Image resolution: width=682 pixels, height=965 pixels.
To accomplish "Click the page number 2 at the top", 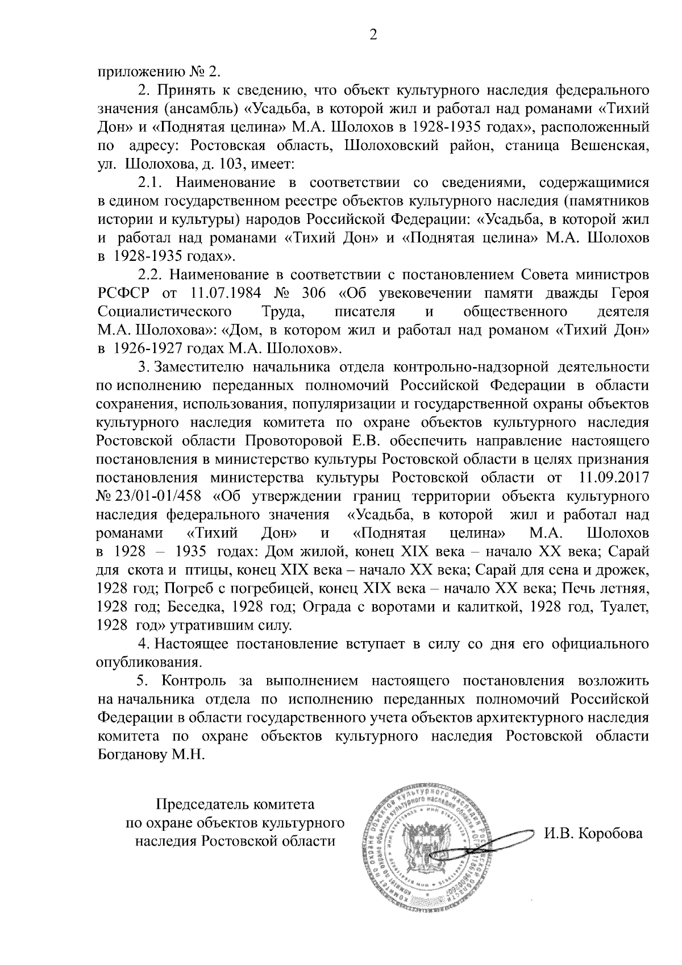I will pos(373,35).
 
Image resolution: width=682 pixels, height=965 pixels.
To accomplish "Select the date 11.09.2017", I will pos(614,478).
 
